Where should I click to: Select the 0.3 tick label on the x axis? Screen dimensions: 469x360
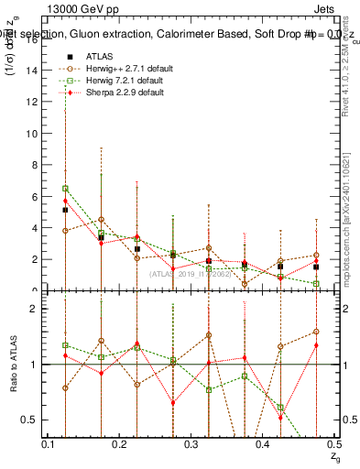tap(191, 443)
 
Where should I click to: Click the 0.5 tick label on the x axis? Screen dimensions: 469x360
tap(333, 443)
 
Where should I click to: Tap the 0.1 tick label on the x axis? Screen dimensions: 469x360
tap(49, 443)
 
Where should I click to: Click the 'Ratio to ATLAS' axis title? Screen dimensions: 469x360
tap(13, 364)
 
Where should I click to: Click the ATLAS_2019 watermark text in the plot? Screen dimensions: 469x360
tap(190, 273)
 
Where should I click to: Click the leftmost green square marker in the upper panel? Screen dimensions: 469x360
tap(65, 189)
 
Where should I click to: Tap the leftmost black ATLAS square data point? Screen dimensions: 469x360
tap(65, 210)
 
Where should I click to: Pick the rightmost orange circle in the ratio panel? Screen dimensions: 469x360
tap(316, 332)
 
